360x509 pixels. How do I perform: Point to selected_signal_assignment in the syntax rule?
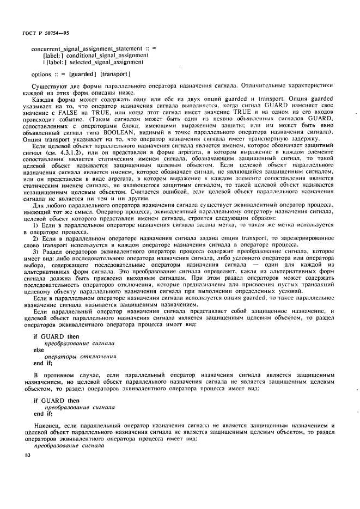(99, 62)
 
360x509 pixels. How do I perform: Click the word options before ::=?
(41, 74)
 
